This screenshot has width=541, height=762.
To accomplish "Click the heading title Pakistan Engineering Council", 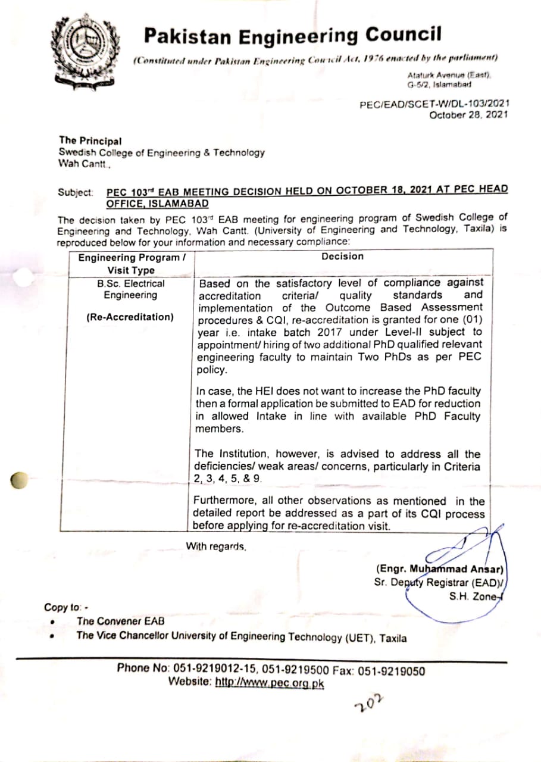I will click(293, 36).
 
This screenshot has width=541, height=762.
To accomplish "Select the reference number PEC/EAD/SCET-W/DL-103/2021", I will click(434, 104).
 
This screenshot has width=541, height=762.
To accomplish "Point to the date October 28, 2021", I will click(468, 114).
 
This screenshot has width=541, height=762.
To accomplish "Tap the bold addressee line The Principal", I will click(90, 141).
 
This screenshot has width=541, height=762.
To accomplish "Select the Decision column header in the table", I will click(342, 257).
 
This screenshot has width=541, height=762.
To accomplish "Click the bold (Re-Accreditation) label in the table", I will click(130, 317).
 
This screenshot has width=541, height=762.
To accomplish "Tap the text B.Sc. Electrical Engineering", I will click(130, 289).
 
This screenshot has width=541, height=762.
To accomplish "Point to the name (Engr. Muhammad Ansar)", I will click(440, 569).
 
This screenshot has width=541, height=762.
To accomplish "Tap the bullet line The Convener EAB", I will click(121, 622).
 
